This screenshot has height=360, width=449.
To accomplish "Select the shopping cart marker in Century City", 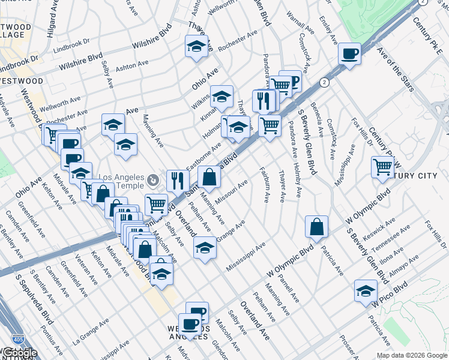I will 382,167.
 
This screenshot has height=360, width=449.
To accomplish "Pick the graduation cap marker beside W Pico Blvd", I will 366,290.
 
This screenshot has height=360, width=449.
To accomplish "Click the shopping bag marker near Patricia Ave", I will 316,227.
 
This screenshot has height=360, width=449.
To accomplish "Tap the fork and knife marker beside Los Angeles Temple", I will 177,180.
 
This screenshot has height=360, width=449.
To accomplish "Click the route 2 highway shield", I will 324,82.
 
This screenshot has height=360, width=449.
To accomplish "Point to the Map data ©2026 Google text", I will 412,355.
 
